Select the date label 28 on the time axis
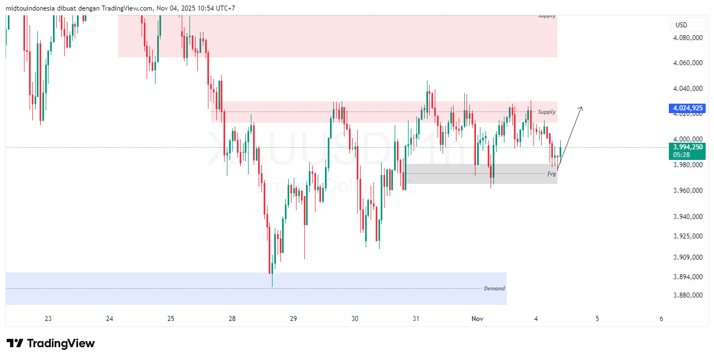click(232, 319)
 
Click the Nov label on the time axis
click(477, 319)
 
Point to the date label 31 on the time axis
click(416, 319)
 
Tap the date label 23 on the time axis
click(48, 319)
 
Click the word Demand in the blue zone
click(494, 289)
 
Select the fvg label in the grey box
click(551, 174)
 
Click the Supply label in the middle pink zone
click(546, 112)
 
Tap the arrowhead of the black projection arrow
click(581, 108)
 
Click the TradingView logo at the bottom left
click(50, 343)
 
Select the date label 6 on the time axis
click(661, 319)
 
